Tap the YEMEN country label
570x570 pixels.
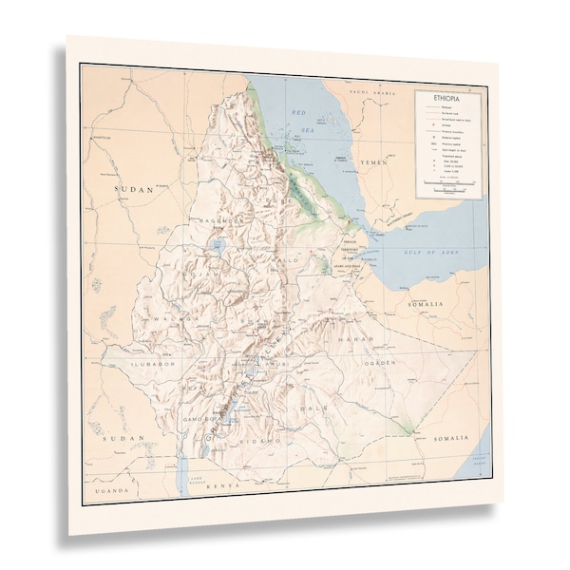[373, 163]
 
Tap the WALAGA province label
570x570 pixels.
[162, 318]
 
